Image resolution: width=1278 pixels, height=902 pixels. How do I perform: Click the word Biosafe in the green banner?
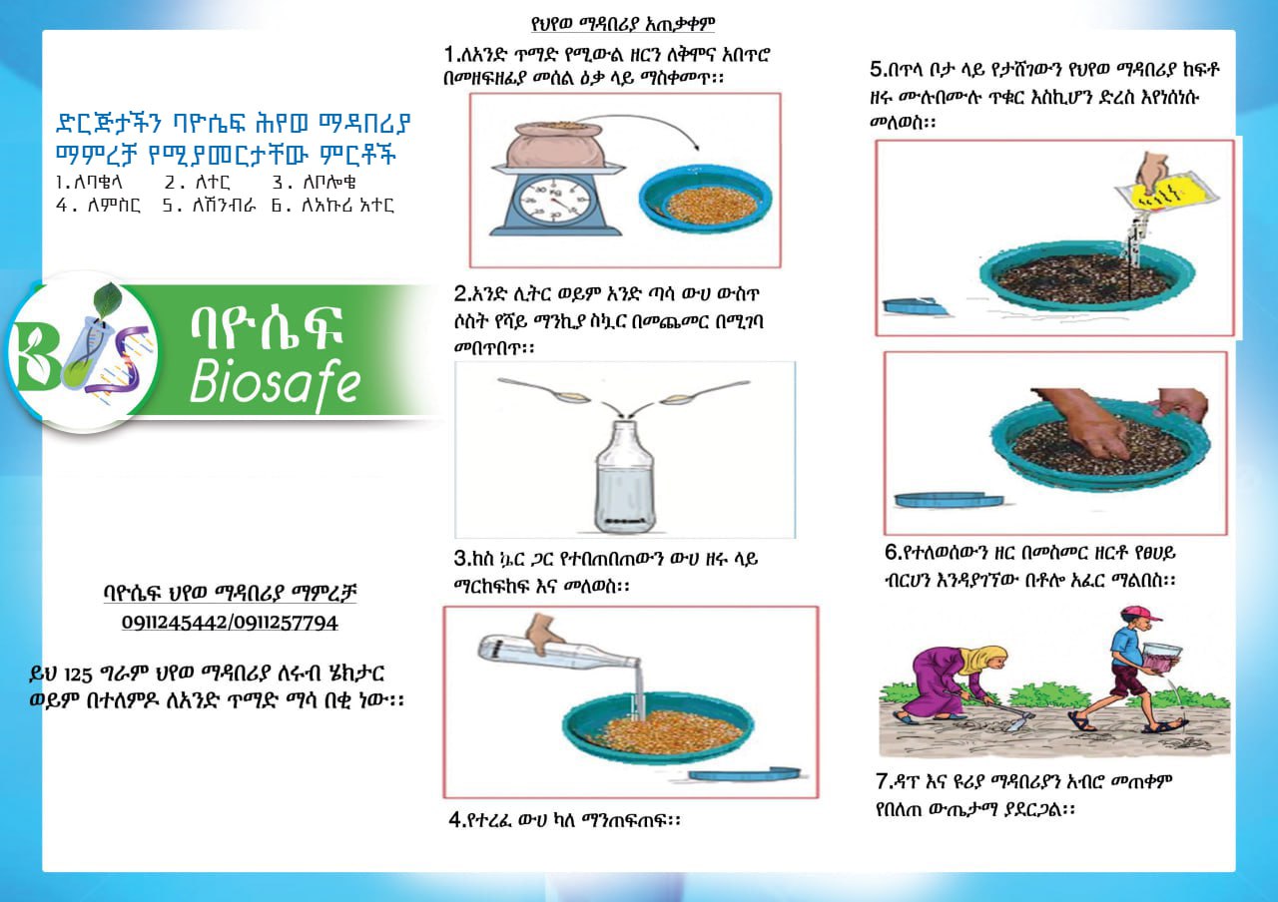pos(275,382)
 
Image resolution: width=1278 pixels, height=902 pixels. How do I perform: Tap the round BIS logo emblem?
pos(83,352)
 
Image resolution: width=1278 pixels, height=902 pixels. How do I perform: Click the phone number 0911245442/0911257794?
pos(230,623)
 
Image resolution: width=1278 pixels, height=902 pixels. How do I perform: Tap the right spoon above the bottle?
pos(705,392)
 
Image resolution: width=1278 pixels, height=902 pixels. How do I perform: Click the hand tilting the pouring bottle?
pos(544,633)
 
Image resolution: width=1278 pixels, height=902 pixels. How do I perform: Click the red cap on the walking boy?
pos(1141,614)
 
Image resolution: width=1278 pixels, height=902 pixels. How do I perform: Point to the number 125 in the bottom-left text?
pos(78,676)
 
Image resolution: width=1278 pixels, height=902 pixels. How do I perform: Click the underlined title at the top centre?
pos(622,24)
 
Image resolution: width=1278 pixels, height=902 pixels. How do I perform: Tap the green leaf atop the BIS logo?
pos(107,300)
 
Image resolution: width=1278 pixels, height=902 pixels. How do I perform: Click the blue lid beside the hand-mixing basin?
pos(949,500)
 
